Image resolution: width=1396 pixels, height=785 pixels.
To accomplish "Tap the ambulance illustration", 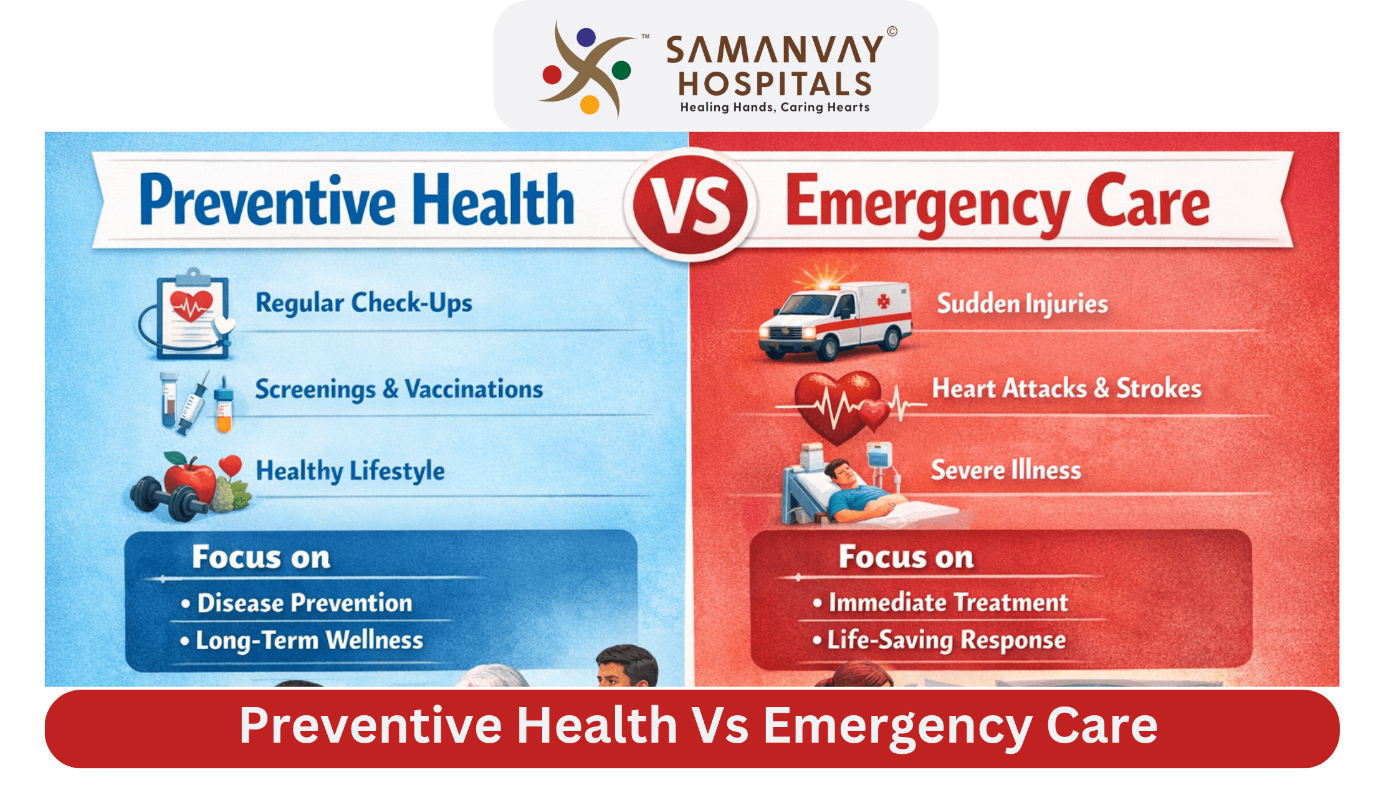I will (835, 321).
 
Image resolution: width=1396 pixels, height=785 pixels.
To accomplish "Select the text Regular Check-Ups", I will (364, 303).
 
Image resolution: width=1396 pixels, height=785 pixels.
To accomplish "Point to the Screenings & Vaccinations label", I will (399, 389).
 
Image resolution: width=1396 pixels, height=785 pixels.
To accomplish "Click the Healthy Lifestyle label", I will (350, 471).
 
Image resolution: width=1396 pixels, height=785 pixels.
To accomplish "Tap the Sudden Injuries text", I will (1023, 304).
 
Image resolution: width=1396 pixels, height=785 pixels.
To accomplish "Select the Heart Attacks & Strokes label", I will (1066, 389).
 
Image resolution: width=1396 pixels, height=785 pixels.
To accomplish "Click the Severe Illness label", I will (1006, 470).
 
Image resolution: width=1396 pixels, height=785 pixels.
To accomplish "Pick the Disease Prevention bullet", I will (304, 603).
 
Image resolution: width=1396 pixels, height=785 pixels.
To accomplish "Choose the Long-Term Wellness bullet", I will (309, 640).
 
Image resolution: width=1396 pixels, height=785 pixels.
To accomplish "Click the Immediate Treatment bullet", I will (948, 602).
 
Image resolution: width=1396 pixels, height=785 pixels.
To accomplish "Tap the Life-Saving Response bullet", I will (946, 640).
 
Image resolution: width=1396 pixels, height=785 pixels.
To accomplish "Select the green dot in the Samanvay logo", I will (621, 70).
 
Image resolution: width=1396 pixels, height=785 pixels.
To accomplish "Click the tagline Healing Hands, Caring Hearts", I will (775, 107).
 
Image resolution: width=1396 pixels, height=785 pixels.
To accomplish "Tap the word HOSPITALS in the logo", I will (775, 84).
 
